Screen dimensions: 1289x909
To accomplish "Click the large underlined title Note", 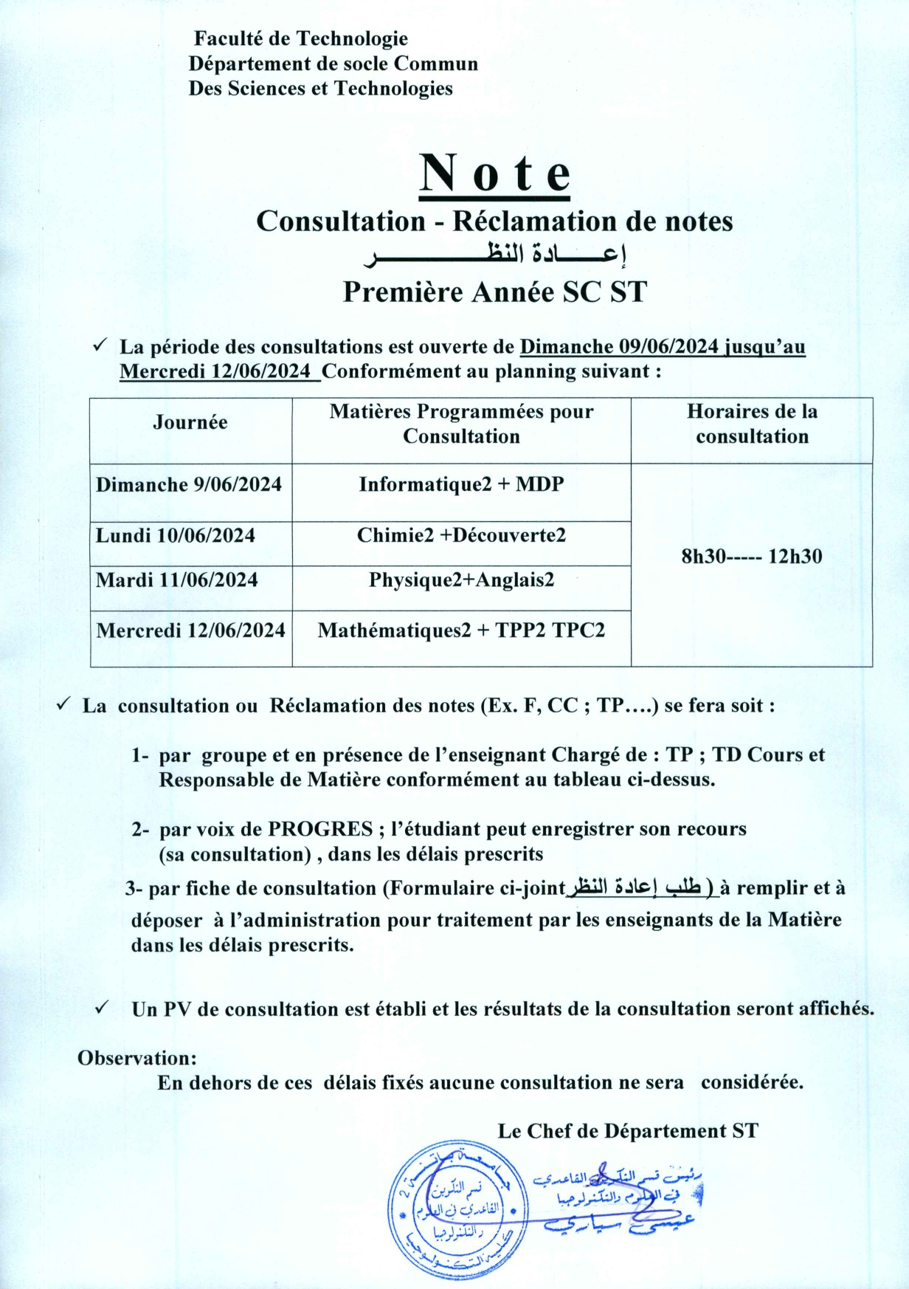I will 495,174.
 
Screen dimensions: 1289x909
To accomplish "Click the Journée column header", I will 190,422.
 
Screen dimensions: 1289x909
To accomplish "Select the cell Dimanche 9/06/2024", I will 189,484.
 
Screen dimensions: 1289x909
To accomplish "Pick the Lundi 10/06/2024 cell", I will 176,535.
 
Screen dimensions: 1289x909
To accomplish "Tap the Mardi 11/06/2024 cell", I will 177,580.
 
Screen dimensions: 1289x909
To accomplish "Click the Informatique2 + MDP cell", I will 461,484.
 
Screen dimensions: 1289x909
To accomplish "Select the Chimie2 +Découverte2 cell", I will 461,535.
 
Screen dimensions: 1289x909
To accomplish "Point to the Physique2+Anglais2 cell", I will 461,580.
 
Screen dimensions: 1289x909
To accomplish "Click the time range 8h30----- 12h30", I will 751,556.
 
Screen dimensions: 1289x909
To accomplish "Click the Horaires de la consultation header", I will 752,424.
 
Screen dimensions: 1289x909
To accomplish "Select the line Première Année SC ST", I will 494,292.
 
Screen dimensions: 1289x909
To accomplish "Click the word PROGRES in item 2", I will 320,829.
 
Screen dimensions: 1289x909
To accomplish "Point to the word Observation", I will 137,1058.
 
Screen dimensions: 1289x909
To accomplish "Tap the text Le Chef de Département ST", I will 628,1131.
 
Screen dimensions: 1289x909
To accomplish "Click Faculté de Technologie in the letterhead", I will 300,38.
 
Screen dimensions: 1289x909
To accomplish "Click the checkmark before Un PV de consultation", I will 103,1008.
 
